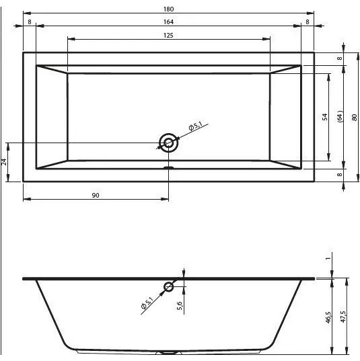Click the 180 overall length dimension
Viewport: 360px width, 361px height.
pyautogui.click(x=168, y=9)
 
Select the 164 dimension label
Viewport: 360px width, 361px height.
pyautogui.click(x=168, y=22)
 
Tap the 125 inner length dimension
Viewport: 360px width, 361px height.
pyautogui.click(x=168, y=36)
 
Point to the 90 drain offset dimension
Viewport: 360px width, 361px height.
pyautogui.click(x=96, y=195)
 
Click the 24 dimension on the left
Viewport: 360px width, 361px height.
pyautogui.click(x=4, y=162)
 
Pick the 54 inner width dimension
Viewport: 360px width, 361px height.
pyautogui.click(x=325, y=117)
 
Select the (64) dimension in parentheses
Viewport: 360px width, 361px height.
pyautogui.click(x=340, y=117)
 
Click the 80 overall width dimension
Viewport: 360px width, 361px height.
pyautogui.click(x=355, y=118)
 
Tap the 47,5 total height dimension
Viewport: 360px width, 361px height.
pyautogui.click(x=343, y=317)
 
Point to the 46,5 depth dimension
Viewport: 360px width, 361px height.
pyautogui.click(x=328, y=317)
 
